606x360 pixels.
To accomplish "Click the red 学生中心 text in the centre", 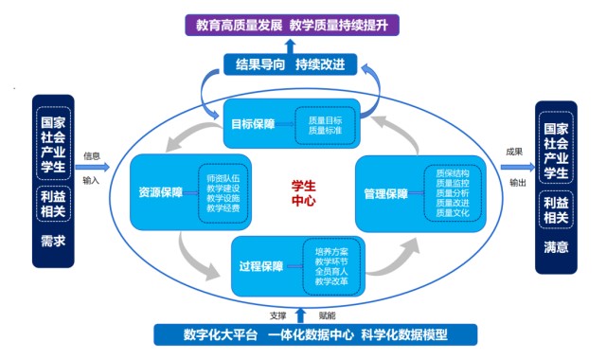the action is click(x=303, y=193).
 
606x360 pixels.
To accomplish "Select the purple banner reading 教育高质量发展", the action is click(x=292, y=26).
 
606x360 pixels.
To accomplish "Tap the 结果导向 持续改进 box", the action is click(x=291, y=64).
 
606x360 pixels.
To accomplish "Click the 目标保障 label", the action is click(x=253, y=124).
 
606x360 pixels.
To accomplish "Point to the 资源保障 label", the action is click(x=160, y=192).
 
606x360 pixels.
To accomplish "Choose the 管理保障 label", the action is click(x=385, y=193).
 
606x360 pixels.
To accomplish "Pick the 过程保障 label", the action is click(x=261, y=266).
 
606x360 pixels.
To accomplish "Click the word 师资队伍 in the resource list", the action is click(x=223, y=178).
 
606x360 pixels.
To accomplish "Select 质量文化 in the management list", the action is click(x=453, y=212).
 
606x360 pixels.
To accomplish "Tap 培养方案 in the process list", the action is click(x=331, y=252).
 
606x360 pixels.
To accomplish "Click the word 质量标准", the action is click(x=325, y=131).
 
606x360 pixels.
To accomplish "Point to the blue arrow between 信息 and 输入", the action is click(x=93, y=167).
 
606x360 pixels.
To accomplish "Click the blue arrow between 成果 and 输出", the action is click(x=518, y=167).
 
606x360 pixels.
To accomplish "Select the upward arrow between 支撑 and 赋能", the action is click(x=300, y=315).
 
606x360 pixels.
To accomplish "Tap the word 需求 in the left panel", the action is click(x=53, y=242).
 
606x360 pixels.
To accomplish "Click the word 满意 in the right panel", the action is click(x=556, y=247).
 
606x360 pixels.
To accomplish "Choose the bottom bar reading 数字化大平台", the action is click(x=315, y=334).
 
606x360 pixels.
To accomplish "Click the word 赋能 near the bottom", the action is click(x=327, y=315).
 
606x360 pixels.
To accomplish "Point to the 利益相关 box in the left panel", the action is click(x=53, y=204).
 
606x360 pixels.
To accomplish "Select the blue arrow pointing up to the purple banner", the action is click(x=291, y=46).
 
